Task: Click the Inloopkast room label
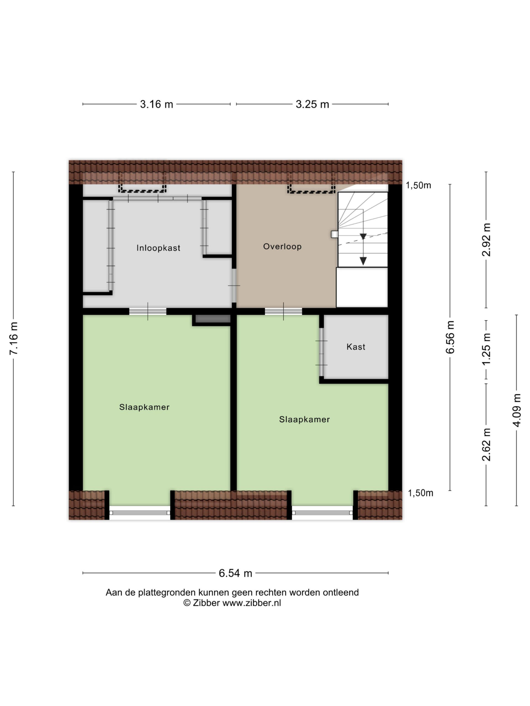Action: point(158,248)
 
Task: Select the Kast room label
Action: point(356,347)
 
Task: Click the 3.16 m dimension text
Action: point(156,104)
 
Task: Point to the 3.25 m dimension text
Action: point(312,104)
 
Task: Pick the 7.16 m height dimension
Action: point(14,338)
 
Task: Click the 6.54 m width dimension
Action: point(235,573)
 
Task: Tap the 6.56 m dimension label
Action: point(450,337)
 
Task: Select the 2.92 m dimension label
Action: point(486,240)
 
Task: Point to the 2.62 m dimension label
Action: point(486,445)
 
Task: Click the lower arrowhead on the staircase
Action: point(363,261)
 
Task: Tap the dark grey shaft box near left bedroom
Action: point(213,319)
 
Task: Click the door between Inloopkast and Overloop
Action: point(234,285)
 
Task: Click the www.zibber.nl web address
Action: point(251,603)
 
